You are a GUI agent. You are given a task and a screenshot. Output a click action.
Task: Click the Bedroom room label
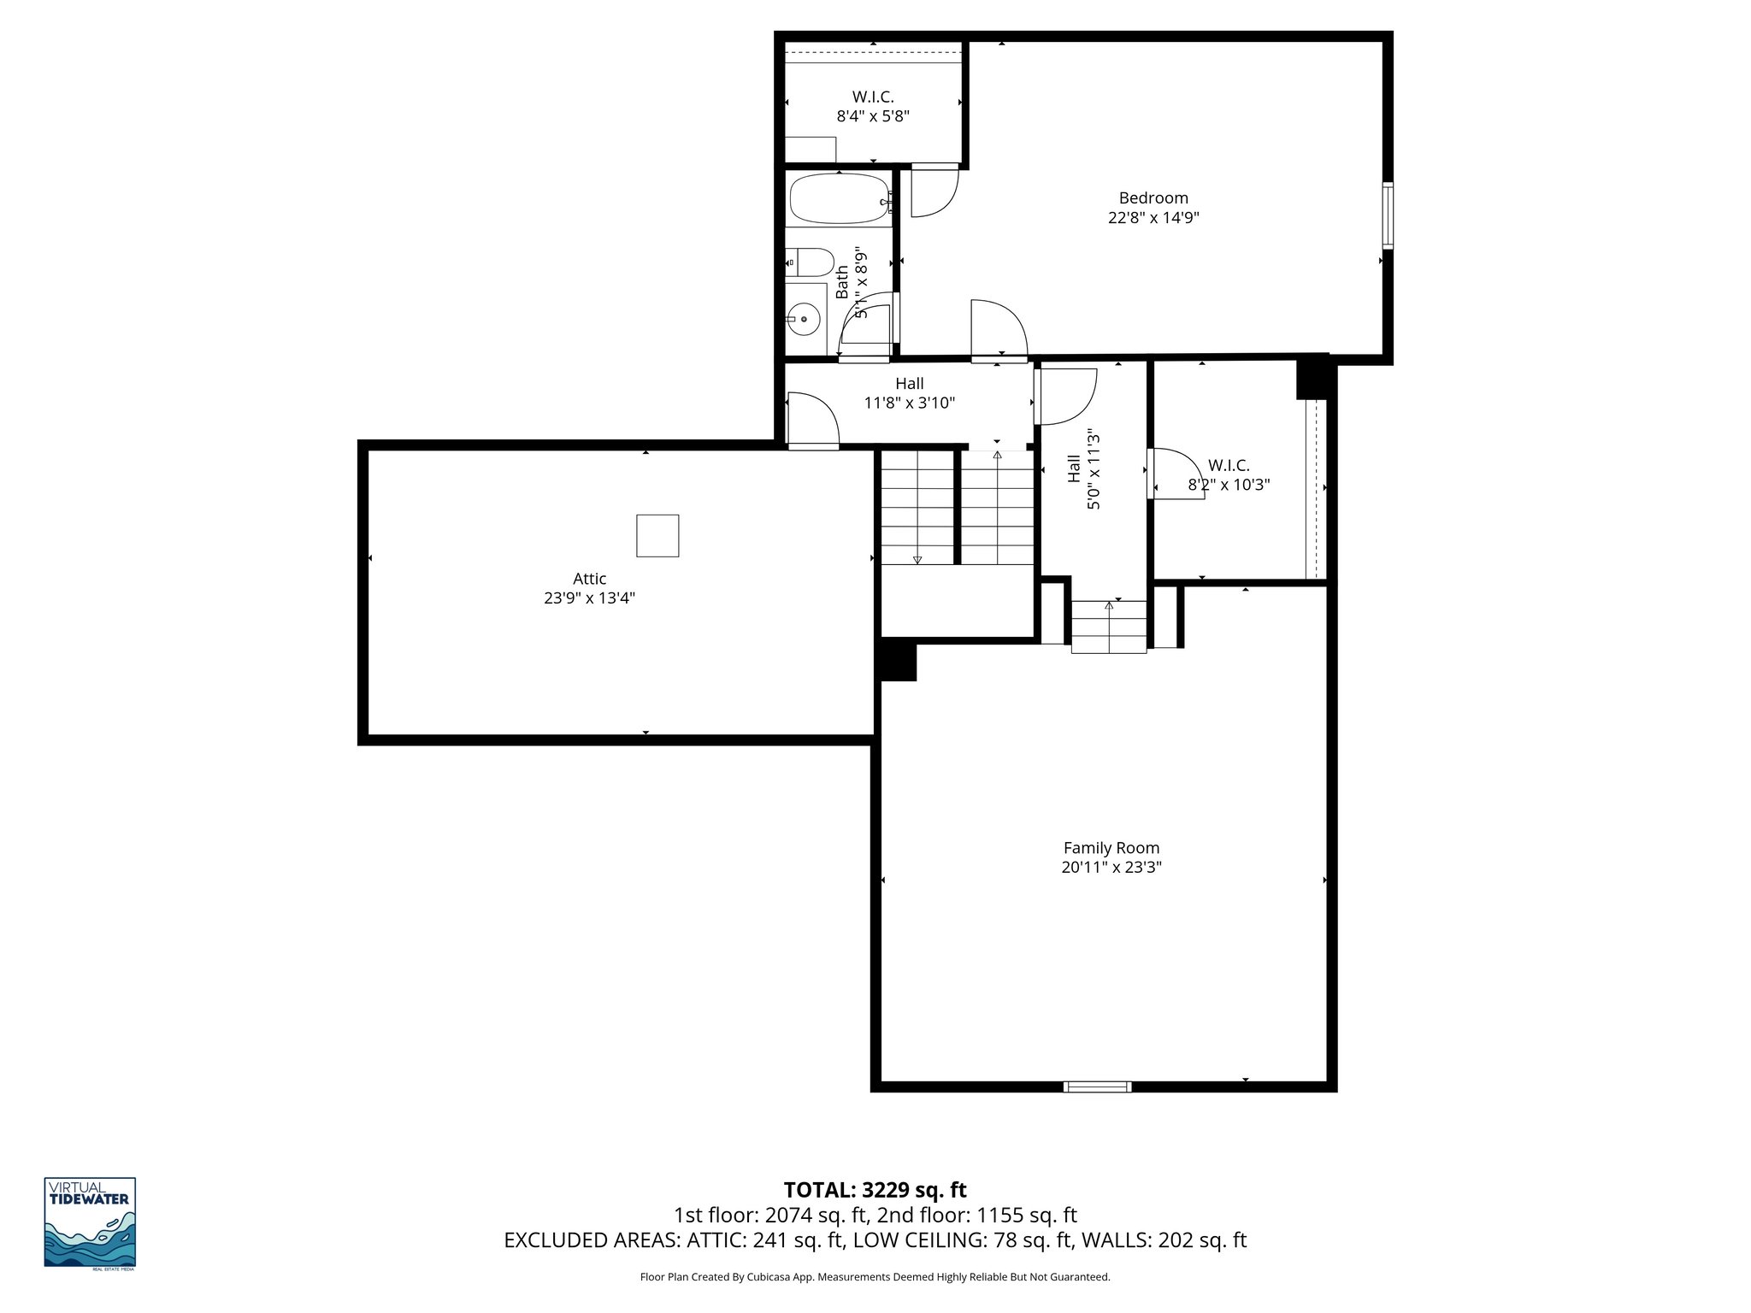[x=1153, y=198]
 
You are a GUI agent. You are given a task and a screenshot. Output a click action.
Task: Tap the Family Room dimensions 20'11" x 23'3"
[x=1111, y=867]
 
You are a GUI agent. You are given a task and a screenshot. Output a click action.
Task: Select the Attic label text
[x=589, y=579]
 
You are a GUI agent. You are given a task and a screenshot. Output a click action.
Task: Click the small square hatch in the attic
[x=657, y=536]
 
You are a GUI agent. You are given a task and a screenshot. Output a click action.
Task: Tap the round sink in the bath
[x=804, y=320]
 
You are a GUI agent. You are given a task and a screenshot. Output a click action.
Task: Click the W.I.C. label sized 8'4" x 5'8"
[x=872, y=107]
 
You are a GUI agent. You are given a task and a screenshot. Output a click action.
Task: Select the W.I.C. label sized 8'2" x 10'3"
[x=1229, y=475]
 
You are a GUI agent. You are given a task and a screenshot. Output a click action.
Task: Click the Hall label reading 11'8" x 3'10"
[x=909, y=393]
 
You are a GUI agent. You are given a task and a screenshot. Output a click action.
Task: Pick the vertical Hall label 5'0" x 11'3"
[x=1083, y=469]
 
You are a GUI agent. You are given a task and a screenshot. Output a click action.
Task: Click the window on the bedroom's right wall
[x=1388, y=215]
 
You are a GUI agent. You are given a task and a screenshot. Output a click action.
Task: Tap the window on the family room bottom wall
[x=1097, y=1086]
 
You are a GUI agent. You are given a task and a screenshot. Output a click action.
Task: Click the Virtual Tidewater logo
[x=90, y=1222]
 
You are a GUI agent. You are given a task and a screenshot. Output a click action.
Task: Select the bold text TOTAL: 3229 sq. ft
[x=875, y=1190]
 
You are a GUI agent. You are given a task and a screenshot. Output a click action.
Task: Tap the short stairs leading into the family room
[x=1109, y=627]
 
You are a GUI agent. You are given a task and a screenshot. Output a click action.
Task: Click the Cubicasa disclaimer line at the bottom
[x=875, y=1277]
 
